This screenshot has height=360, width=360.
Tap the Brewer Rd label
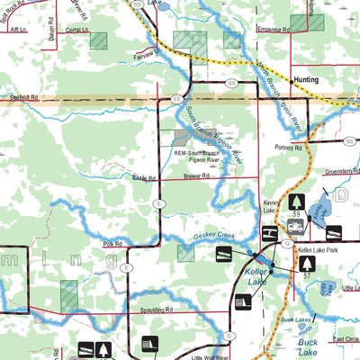[195, 176]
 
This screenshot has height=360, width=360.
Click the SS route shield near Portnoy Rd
[349, 140]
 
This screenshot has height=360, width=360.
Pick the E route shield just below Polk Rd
[128, 268]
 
